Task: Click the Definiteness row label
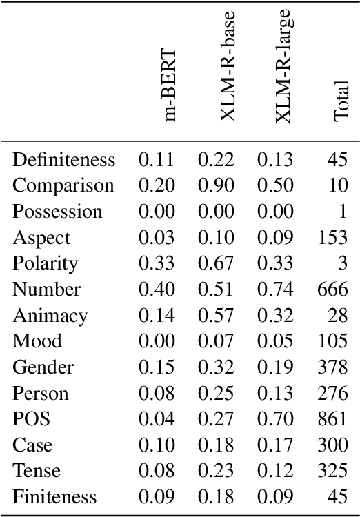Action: tap(63, 160)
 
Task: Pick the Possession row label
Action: tap(57, 212)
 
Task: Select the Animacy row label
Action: tap(50, 315)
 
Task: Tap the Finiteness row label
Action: tap(55, 496)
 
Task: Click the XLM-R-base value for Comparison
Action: tap(216, 186)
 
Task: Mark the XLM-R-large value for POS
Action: tap(275, 419)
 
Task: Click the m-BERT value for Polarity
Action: tap(157, 263)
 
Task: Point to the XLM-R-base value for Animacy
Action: tap(216, 315)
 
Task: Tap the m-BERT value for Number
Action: tap(157, 290)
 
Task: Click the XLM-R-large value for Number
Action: tap(275, 290)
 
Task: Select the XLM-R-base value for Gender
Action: tap(216, 367)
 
